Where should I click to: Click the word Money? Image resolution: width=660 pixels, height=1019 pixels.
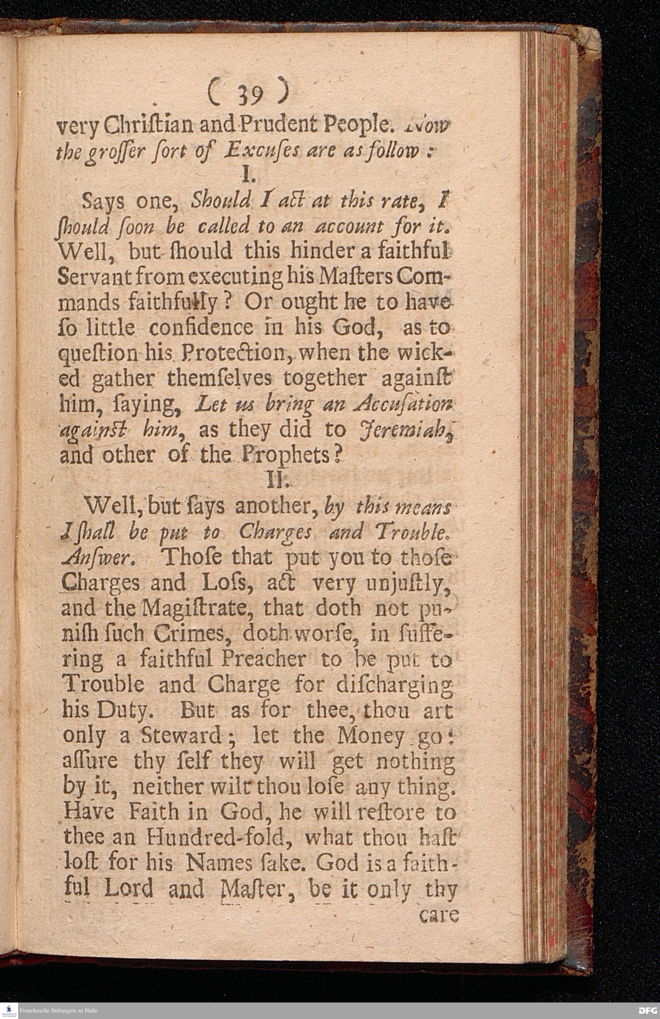[371, 735]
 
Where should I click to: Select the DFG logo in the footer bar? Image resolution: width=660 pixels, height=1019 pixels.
[647, 1010]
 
